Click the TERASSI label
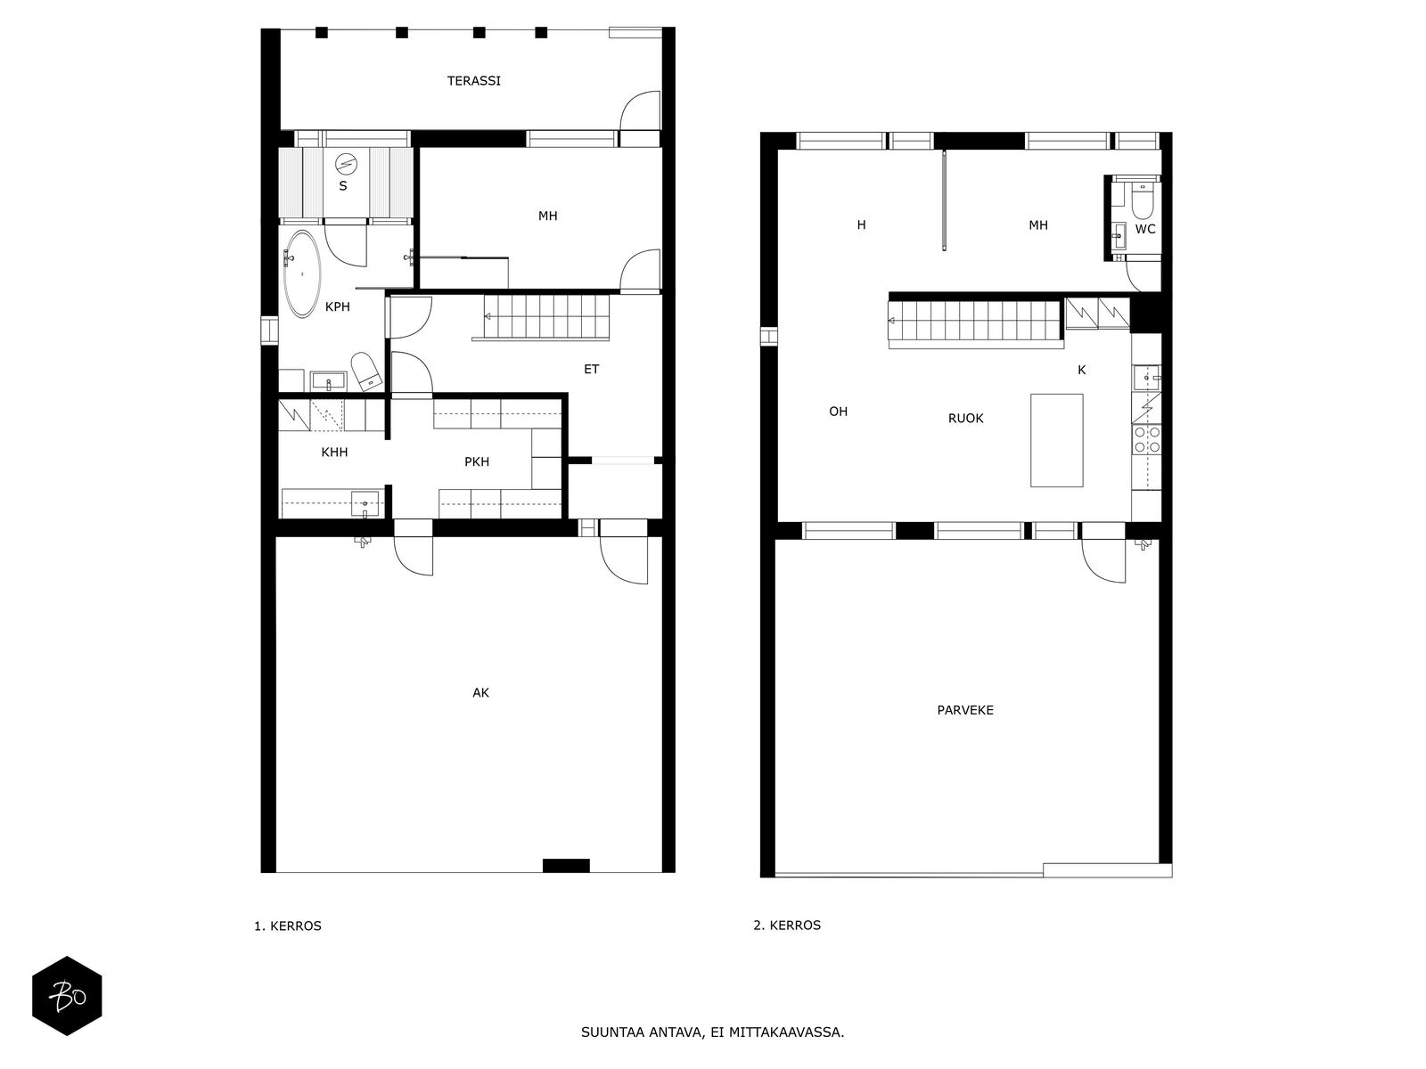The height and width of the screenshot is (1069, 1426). [x=473, y=81]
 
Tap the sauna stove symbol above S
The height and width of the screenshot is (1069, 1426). [x=347, y=164]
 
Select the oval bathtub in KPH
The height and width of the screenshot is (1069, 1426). [x=302, y=273]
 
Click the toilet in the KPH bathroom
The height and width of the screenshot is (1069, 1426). [x=367, y=371]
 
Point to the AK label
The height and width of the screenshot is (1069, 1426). [x=480, y=692]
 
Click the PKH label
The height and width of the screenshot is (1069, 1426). [x=477, y=462]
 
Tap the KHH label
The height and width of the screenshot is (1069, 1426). [x=334, y=453]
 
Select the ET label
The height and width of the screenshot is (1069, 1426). [x=591, y=370]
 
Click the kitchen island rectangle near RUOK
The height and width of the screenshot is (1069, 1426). [x=1056, y=440]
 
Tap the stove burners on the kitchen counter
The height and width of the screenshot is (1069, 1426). [x=1146, y=439]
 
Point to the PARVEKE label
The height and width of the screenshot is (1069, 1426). [x=965, y=710]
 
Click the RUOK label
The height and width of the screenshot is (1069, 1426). [x=965, y=419]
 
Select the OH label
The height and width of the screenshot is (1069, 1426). [x=838, y=412]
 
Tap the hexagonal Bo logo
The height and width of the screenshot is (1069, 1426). [x=67, y=996]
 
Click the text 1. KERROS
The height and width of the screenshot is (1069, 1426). [x=288, y=926]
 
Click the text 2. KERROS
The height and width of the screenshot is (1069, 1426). [x=787, y=926]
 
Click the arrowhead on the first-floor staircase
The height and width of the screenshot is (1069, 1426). [x=488, y=317]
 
